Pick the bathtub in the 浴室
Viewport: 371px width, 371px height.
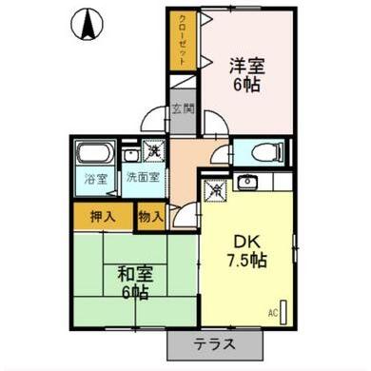(94, 154)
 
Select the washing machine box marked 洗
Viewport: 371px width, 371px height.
(153, 149)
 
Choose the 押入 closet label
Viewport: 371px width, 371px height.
(103, 215)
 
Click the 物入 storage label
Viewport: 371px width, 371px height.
(150, 215)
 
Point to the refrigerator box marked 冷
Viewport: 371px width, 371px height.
(217, 188)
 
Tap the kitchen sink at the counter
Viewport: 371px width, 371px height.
(249, 181)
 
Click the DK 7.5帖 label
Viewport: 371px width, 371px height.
(245, 249)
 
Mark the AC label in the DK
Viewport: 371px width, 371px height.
(272, 311)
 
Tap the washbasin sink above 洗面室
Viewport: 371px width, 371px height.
(130, 153)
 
